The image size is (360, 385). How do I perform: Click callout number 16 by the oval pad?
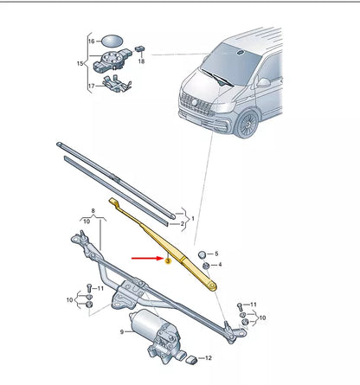pyautogui.click(x=91, y=42)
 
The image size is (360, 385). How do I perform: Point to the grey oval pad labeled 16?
pyautogui.click(x=113, y=41)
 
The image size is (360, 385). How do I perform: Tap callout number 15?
pyautogui.click(x=81, y=63)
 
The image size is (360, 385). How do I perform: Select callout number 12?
pyautogui.click(x=208, y=357)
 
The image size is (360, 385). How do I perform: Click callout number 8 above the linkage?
pyautogui.click(x=93, y=210)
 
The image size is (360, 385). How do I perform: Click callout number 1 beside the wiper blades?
pyautogui.click(x=192, y=219)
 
